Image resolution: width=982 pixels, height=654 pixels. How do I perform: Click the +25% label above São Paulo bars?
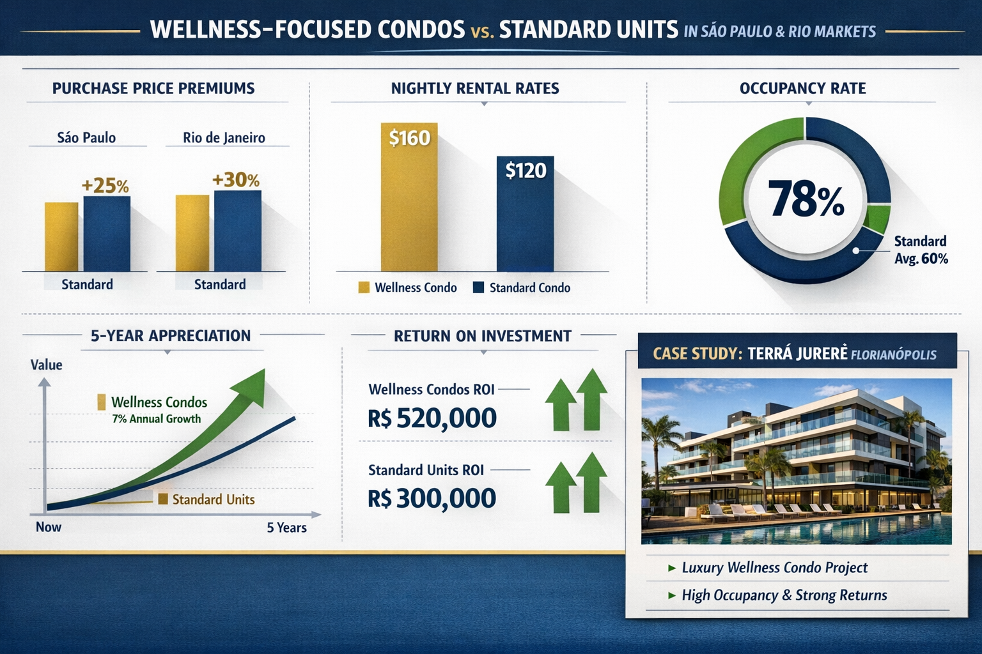pos(105,186)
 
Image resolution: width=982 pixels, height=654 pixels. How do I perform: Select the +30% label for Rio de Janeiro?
pos(235,180)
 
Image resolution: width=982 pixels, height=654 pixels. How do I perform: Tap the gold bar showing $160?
pos(409,198)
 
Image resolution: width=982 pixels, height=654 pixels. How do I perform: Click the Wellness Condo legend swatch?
pos(364,287)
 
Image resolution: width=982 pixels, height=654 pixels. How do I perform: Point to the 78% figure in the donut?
pos(806,199)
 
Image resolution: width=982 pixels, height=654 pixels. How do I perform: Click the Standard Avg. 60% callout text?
pos(921,250)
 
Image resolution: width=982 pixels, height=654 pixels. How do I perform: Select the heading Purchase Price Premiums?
pos(153,89)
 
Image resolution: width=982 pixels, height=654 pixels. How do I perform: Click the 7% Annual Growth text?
pos(156,419)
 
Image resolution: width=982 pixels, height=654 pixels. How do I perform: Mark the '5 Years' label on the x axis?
pos(286,528)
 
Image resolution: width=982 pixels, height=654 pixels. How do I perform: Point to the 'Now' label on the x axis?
pos(49,527)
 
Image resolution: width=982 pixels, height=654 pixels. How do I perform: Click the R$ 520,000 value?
pos(432,418)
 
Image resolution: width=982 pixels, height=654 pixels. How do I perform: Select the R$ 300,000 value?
pos(432,498)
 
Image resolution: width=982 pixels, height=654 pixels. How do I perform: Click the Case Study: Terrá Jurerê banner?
pos(797,353)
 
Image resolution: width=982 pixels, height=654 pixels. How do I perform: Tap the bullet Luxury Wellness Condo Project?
pos(774,568)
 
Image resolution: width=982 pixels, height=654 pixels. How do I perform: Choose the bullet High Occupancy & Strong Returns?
pos(784,595)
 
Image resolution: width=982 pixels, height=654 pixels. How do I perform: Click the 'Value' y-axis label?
pos(47,365)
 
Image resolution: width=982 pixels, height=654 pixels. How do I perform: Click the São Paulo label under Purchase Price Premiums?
pos(86,137)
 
